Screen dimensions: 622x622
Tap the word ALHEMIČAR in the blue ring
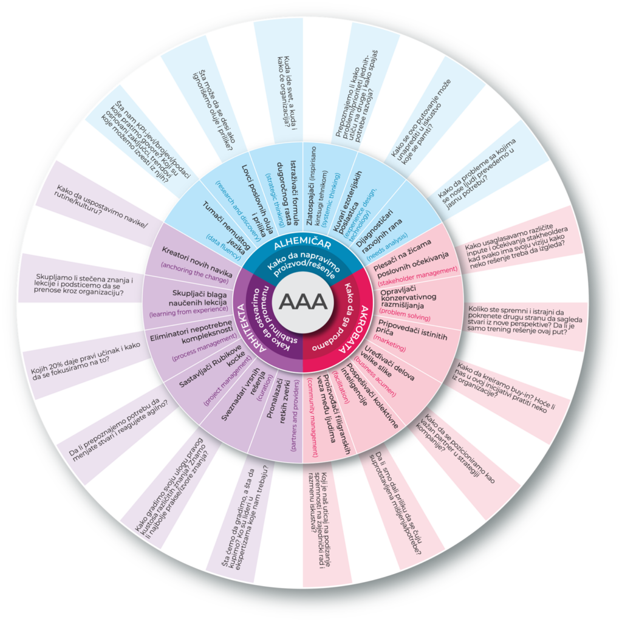point(302,245)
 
